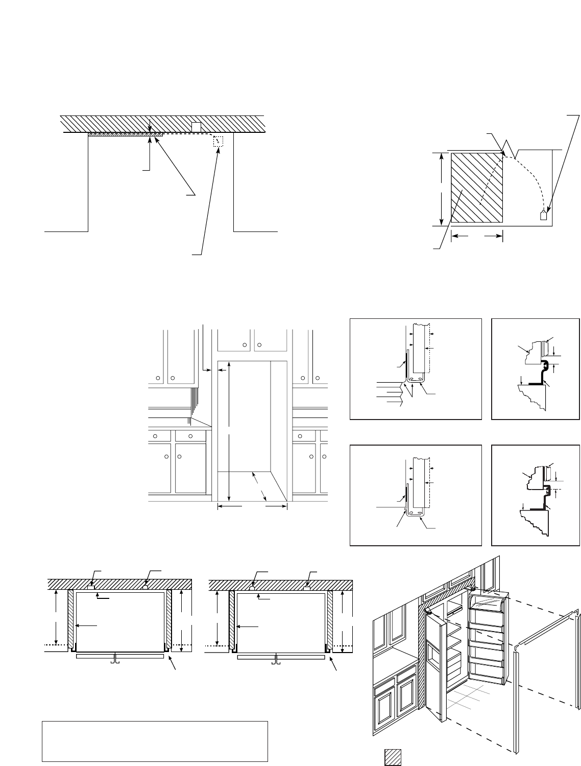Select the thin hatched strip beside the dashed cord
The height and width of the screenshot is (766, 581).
pyautogui.click(x=125, y=135)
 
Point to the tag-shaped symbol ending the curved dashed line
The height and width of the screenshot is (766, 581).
pyautogui.click(x=544, y=215)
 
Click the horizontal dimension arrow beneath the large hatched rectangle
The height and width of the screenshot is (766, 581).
pyautogui.click(x=477, y=236)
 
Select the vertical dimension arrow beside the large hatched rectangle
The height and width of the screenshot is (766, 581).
pyautogui.click(x=441, y=189)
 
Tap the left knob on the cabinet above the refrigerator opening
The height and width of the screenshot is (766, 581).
pyautogui.click(x=245, y=345)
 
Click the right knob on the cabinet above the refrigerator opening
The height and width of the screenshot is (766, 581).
pyautogui.click(x=259, y=345)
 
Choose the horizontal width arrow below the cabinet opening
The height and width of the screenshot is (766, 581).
pyautogui.click(x=252, y=506)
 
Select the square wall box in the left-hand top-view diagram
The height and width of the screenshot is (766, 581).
pyautogui.click(x=91, y=588)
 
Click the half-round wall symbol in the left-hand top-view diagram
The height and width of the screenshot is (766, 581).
pyautogui.click(x=146, y=588)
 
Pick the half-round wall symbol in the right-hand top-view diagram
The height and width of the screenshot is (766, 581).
pyautogui.click(x=253, y=588)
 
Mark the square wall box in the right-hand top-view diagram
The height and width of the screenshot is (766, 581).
pyautogui.click(x=307, y=588)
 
